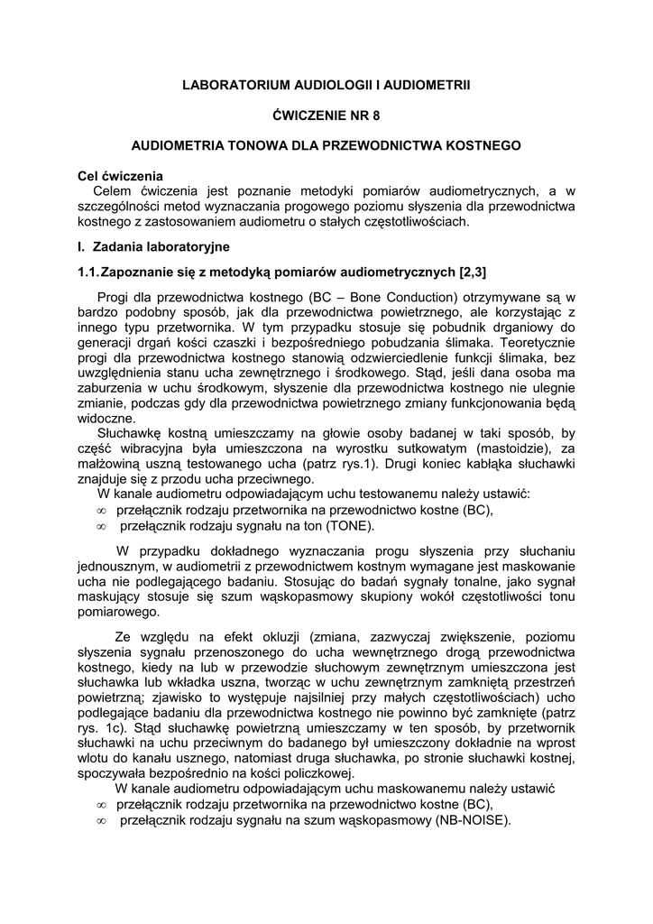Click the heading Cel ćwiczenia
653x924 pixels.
pyautogui.click(x=120, y=176)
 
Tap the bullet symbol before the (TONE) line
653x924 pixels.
pyautogui.click(x=101, y=526)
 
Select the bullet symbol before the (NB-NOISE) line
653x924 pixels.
pyautogui.click(x=101, y=820)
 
